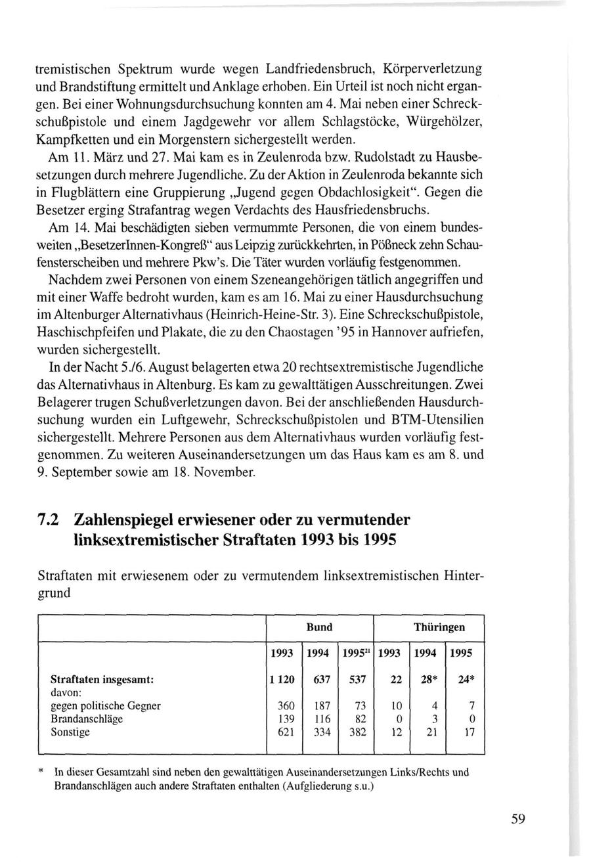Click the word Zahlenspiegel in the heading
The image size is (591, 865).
(127, 520)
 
